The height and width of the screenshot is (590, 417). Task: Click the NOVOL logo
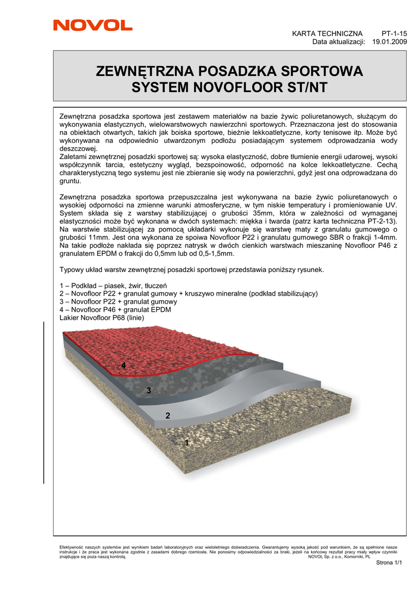click(93, 25)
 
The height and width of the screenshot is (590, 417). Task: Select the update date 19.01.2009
click(390, 41)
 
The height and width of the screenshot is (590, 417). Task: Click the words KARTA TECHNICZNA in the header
click(327, 33)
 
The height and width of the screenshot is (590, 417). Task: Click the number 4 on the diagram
click(123, 366)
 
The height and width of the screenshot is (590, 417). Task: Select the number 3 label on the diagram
click(149, 391)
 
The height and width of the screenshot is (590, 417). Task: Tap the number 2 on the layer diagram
click(168, 415)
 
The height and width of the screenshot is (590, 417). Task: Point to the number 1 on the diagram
click(186, 442)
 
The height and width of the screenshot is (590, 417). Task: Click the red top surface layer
click(156, 346)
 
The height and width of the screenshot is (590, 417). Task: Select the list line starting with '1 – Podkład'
click(113, 285)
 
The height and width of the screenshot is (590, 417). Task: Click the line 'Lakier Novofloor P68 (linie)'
click(102, 317)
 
